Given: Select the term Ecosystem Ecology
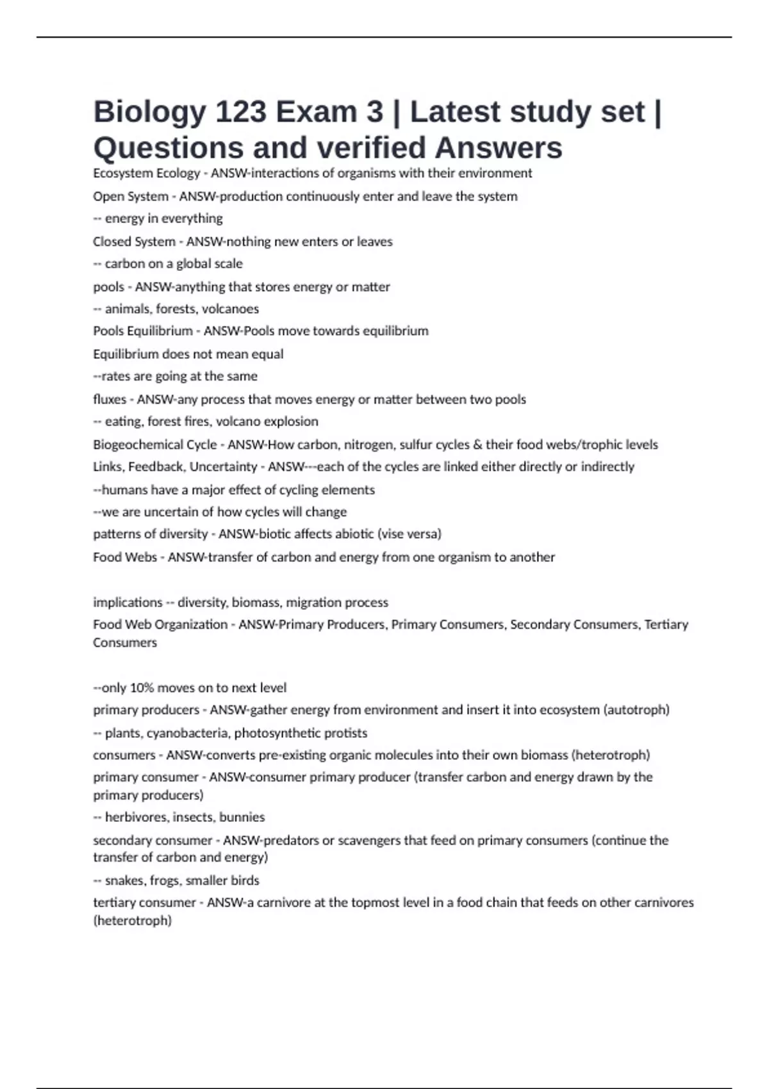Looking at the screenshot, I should [x=147, y=173].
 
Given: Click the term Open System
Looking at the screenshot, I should [x=131, y=196].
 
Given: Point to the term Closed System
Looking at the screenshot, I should [x=134, y=242].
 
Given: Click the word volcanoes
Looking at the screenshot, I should [x=230, y=309].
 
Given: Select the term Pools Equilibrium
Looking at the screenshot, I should [x=143, y=331].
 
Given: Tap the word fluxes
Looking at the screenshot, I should [x=110, y=399].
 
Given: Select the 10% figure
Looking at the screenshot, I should [x=142, y=688].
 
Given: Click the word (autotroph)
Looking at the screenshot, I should [x=636, y=710].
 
